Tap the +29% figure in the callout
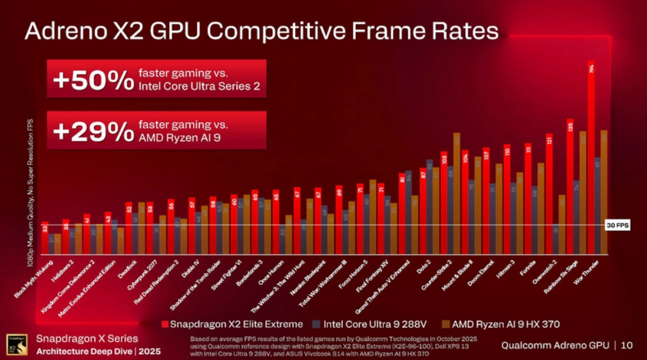[x=93, y=131]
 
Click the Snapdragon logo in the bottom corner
[x=16, y=344]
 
